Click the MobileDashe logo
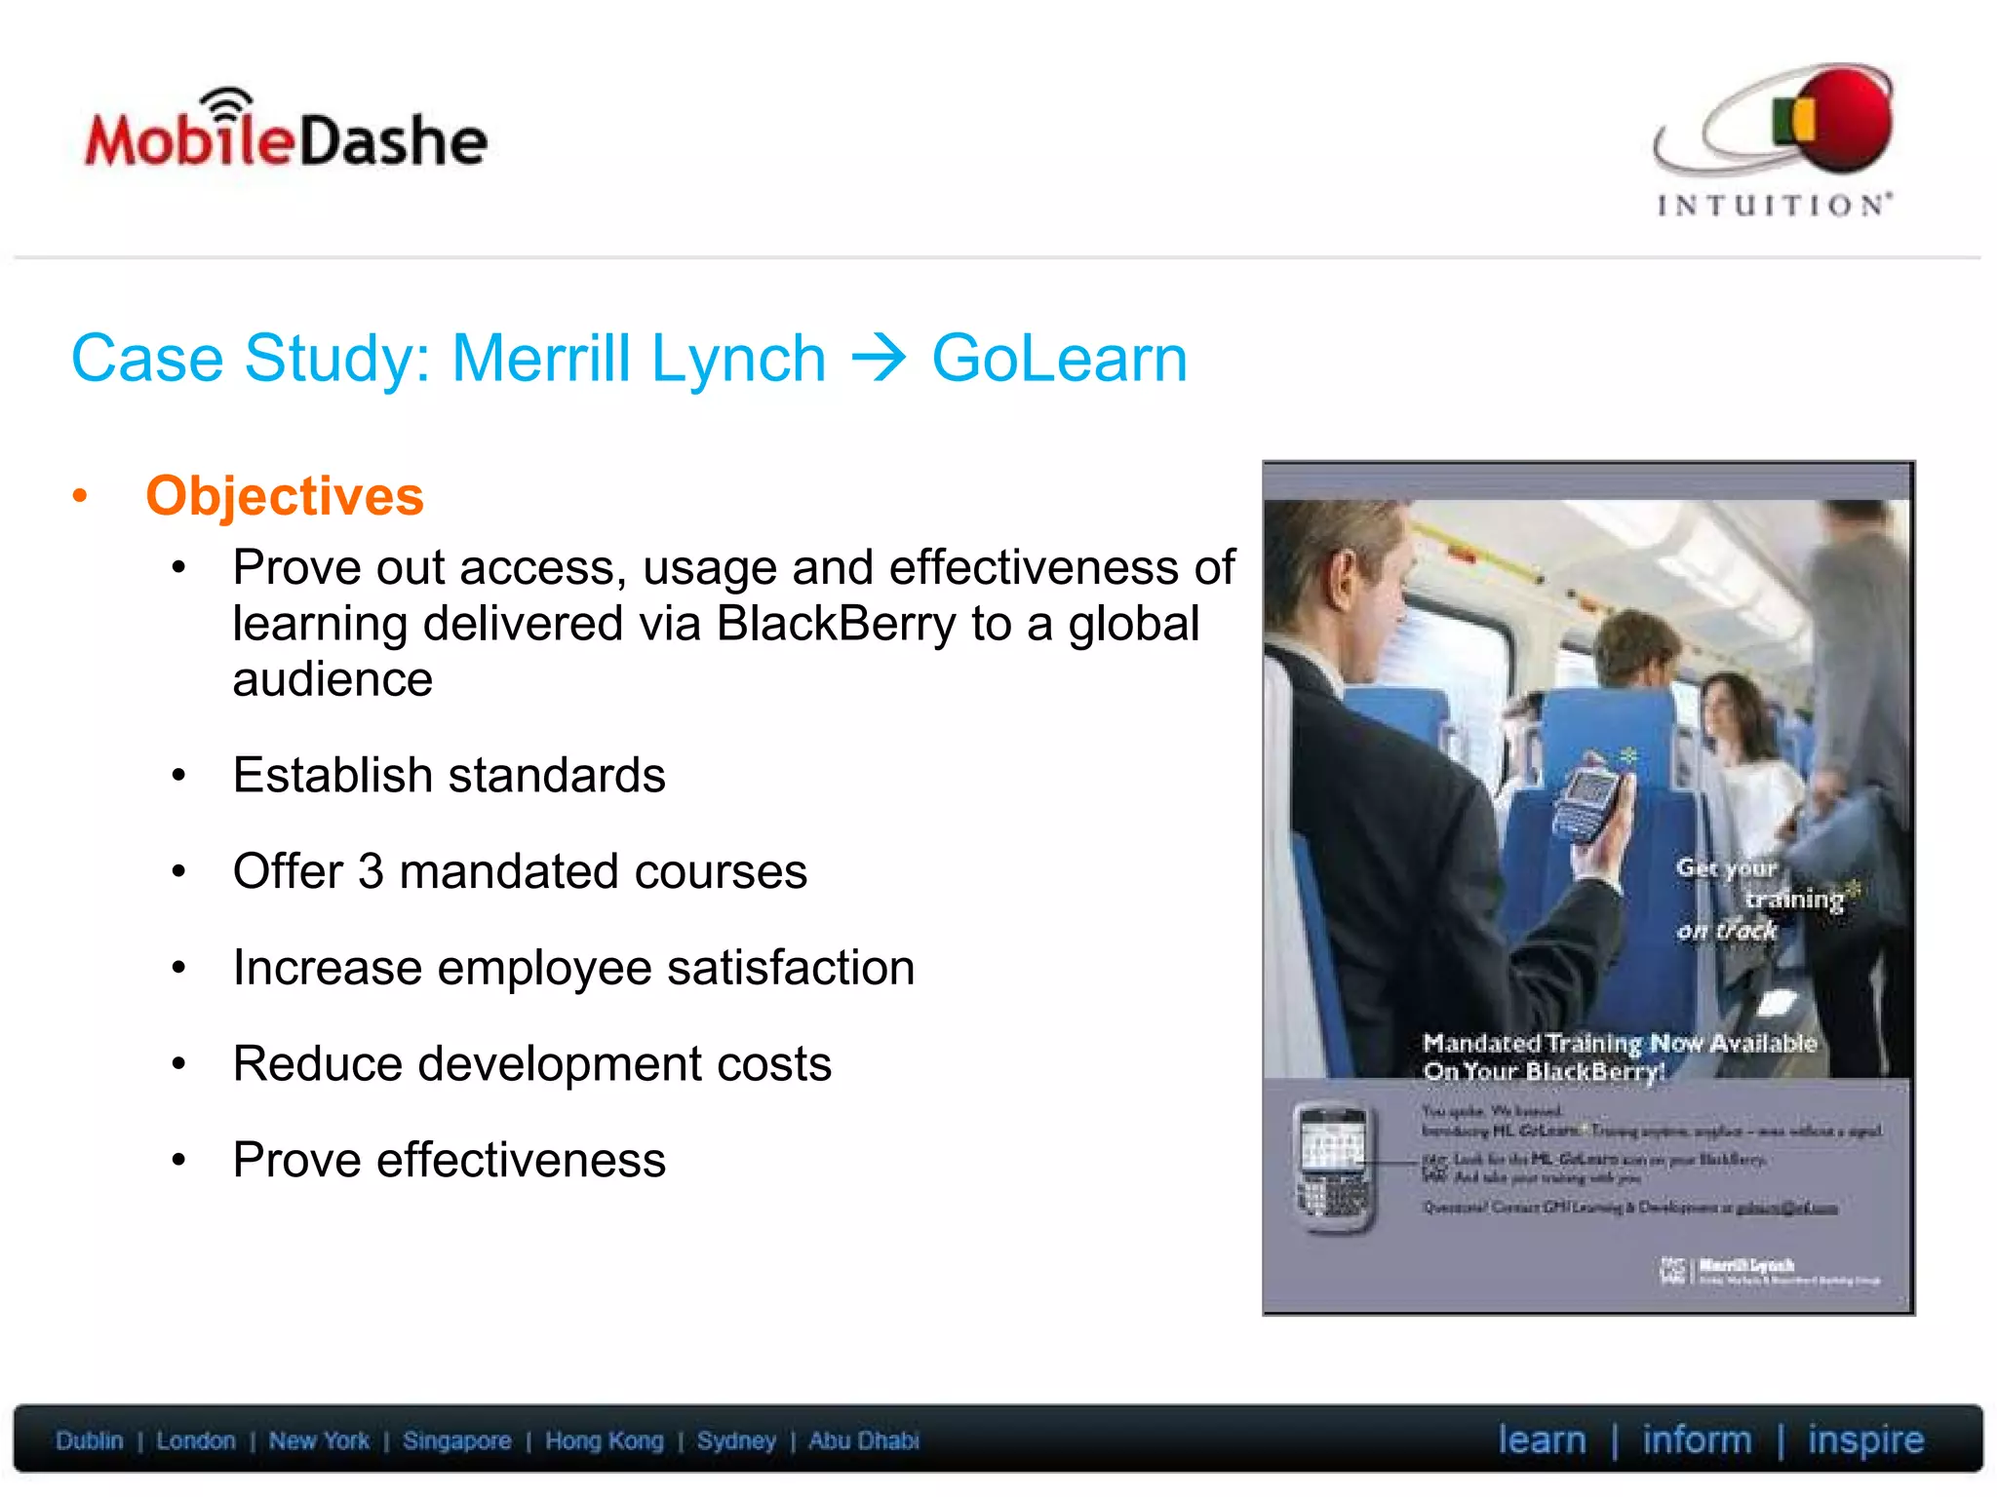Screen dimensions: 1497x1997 (x=286, y=136)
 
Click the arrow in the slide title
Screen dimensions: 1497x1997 (x=879, y=359)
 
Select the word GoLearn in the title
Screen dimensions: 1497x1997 (x=1059, y=359)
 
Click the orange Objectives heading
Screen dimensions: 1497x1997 (x=285, y=495)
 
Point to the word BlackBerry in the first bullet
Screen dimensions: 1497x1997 (x=836, y=624)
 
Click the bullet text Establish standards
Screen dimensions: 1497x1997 (x=449, y=776)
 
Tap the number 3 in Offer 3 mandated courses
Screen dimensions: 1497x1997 (x=371, y=871)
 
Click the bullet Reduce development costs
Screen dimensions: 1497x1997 (x=531, y=1063)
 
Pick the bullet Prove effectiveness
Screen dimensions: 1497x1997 (x=449, y=1160)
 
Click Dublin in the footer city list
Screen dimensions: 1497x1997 (x=90, y=1440)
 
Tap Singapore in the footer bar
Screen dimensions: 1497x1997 (x=456, y=1440)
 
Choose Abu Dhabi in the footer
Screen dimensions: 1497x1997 (x=863, y=1440)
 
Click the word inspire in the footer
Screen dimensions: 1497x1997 (x=1865, y=1439)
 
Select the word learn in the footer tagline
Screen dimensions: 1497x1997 (x=1542, y=1439)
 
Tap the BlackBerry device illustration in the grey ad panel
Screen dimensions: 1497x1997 (x=1334, y=1169)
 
